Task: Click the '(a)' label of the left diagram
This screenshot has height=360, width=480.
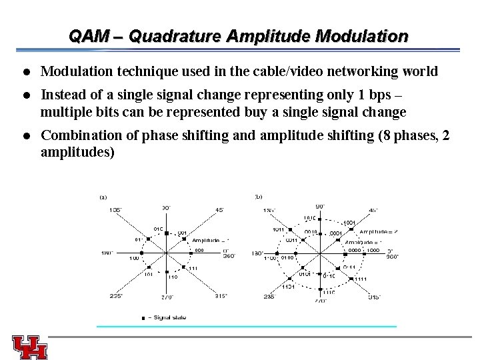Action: click(x=103, y=197)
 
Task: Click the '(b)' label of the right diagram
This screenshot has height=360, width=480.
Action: click(x=259, y=197)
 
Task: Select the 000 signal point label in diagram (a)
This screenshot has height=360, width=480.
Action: click(x=199, y=251)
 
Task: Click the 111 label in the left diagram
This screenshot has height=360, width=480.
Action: click(x=193, y=268)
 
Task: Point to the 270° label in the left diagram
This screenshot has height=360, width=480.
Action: click(x=167, y=297)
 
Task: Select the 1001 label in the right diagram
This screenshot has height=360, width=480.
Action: click(x=349, y=223)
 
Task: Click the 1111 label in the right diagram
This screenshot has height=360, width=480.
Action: click(x=361, y=279)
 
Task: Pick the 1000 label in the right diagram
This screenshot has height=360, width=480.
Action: click(x=373, y=251)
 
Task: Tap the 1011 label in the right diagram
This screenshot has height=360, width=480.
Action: click(x=279, y=230)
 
